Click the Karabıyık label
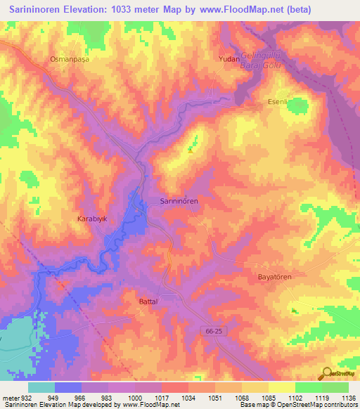(x=91, y=219)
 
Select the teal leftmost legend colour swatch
(x=41, y=387)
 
